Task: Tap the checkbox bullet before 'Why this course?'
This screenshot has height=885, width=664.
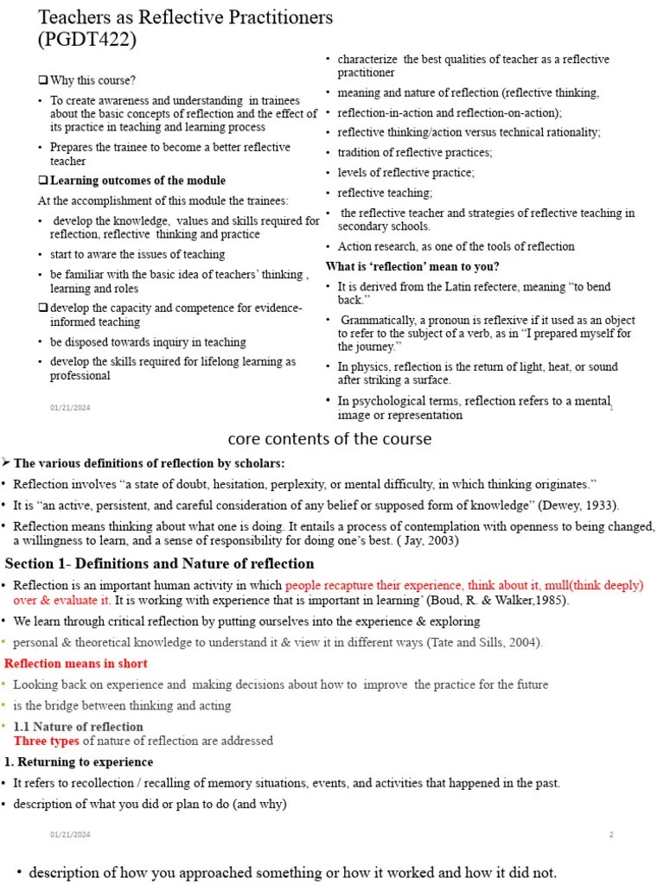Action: coord(43,80)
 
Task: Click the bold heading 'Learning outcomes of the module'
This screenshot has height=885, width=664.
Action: coord(137,181)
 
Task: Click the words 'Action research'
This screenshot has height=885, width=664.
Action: coord(375,246)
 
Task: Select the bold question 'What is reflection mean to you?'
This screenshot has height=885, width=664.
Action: coord(412,266)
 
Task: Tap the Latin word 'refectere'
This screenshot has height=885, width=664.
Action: coord(492,286)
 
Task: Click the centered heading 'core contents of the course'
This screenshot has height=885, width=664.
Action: coord(329,439)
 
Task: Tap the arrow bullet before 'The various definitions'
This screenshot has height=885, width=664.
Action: coord(6,463)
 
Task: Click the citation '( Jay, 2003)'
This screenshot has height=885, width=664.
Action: coord(428,541)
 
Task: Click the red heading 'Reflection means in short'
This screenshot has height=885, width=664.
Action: coord(76,664)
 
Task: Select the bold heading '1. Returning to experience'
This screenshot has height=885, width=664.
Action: coord(80,762)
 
